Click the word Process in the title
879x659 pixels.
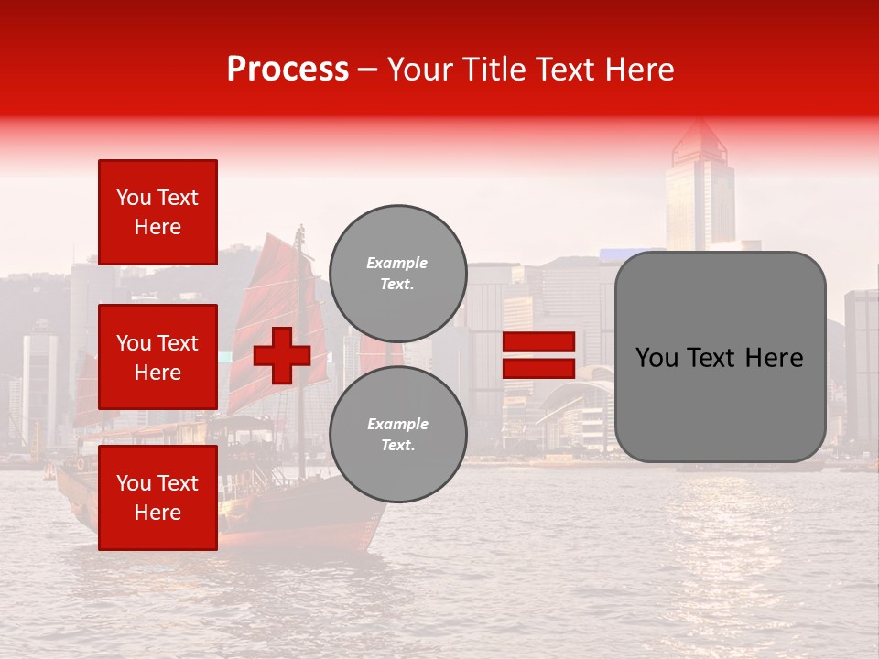288,70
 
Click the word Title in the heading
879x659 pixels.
490,70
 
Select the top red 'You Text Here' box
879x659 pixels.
157,212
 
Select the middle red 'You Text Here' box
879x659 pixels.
157,357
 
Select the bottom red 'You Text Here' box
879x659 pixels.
157,497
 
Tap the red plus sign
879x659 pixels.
282,355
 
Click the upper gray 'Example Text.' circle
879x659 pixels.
398,274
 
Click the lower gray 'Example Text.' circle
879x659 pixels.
398,435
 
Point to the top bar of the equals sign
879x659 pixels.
538,342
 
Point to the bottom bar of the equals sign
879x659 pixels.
538,368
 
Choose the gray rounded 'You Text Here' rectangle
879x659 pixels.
720,357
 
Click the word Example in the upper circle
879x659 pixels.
396,263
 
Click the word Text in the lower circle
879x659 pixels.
396,446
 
